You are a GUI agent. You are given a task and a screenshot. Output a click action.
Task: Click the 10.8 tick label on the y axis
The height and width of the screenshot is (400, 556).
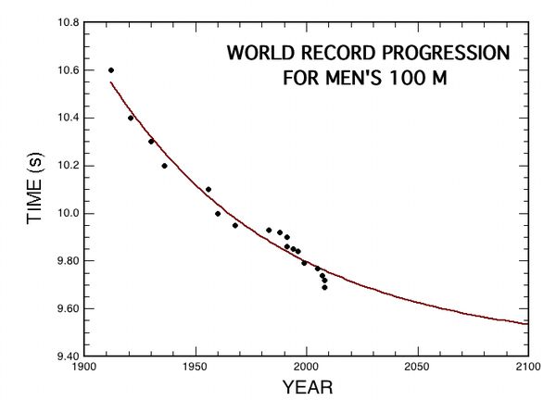click(65, 22)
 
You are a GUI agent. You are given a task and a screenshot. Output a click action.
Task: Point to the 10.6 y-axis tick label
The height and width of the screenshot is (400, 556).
click(65, 70)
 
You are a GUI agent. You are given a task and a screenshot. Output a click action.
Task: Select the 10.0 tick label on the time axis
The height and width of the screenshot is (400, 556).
click(65, 213)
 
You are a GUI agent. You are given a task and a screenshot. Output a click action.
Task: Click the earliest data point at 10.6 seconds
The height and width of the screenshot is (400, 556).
click(111, 70)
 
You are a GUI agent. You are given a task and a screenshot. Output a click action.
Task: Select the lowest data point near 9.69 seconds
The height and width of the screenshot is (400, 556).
click(324, 287)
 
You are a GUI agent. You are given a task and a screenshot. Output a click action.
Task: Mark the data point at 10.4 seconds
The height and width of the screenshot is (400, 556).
click(131, 118)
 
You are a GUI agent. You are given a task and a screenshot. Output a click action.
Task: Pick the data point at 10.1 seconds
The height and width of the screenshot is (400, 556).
click(208, 189)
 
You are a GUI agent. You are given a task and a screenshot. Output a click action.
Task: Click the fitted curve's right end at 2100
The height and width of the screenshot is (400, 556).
click(526, 324)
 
